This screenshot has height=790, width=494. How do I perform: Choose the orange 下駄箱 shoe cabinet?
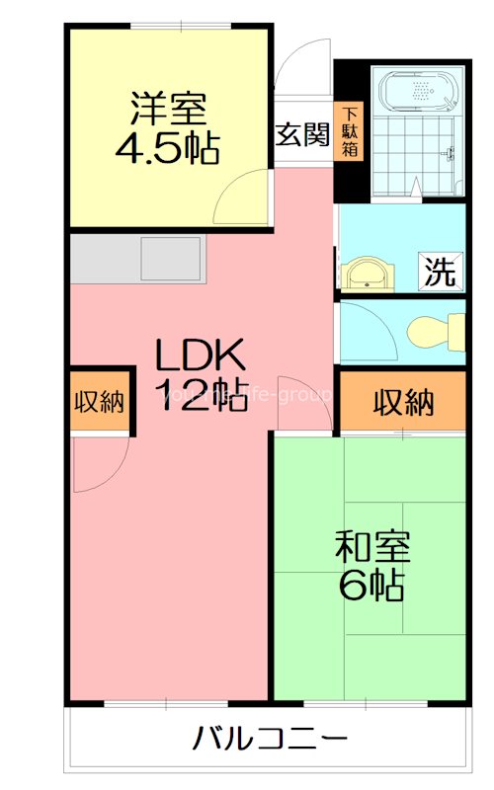point(350,132)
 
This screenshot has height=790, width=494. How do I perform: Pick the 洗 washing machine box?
point(441,273)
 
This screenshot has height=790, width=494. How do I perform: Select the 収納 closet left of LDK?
point(99,402)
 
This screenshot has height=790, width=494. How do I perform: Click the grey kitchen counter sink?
point(172,259)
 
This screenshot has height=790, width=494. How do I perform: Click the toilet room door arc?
point(368,326)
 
